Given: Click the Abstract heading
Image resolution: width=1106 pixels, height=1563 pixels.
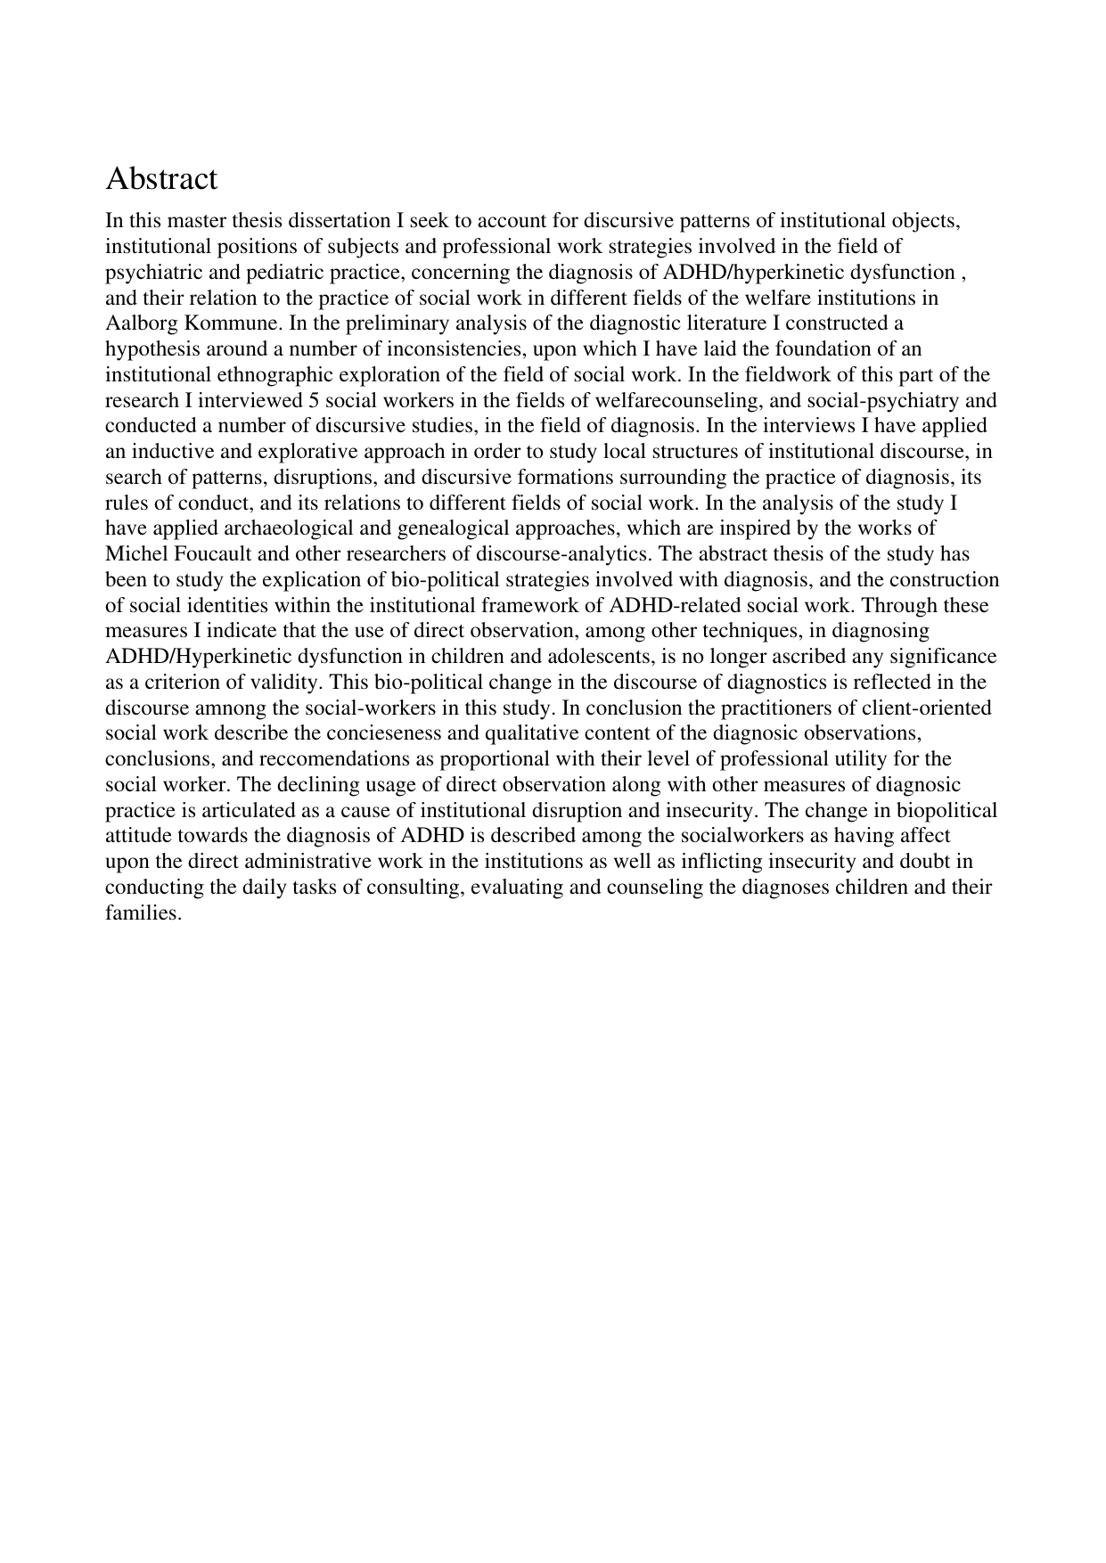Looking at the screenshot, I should click(x=161, y=179).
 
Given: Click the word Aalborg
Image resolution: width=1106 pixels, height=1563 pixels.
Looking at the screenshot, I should click(x=135, y=323).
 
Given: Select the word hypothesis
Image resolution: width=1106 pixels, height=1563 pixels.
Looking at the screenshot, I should click(x=150, y=348).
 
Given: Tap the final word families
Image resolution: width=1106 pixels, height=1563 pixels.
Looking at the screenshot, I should click(x=143, y=914).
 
